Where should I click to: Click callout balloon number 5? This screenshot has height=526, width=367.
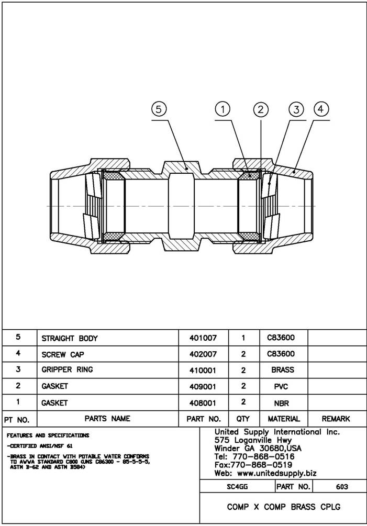[159, 109]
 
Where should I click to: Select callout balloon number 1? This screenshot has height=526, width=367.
[223, 109]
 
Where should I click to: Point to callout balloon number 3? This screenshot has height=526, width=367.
[296, 109]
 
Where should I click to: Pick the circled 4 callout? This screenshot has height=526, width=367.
[321, 109]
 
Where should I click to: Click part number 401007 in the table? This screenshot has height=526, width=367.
[203, 339]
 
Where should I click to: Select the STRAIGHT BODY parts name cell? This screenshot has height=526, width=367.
[70, 339]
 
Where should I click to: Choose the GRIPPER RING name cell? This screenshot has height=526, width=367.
[67, 370]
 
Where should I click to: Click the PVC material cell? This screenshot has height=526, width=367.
[282, 386]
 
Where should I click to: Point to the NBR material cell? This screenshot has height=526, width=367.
[282, 403]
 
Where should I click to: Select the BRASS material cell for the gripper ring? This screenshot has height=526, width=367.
[283, 370]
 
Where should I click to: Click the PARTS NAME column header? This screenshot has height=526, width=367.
[107, 419]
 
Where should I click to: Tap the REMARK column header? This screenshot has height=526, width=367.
[336, 419]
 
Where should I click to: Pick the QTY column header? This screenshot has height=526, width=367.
[243, 419]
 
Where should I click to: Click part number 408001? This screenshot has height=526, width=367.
[203, 403]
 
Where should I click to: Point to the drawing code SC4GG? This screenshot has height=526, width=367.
[237, 487]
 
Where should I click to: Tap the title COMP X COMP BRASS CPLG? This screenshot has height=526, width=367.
[283, 507]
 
